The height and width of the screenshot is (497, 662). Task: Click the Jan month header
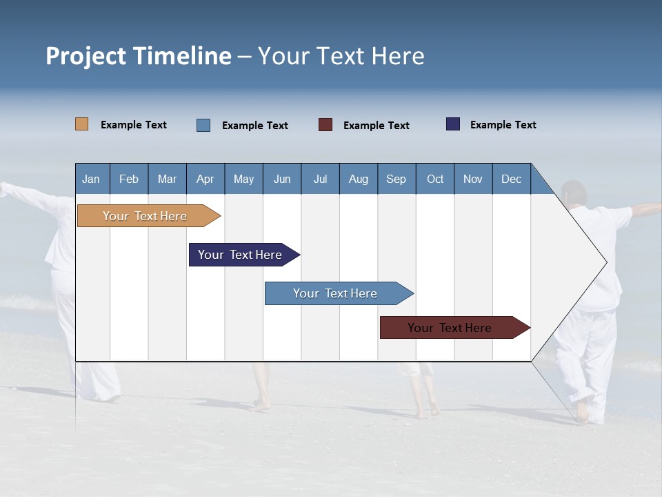(x=92, y=179)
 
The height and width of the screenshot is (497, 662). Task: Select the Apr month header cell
(x=205, y=179)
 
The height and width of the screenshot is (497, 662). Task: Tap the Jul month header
(x=320, y=179)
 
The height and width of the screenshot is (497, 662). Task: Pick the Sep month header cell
(x=397, y=179)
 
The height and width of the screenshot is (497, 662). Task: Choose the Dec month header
(x=511, y=179)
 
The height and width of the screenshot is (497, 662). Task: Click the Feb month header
(x=129, y=179)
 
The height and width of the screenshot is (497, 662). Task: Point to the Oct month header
(x=435, y=179)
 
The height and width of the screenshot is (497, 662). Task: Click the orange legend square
(x=82, y=124)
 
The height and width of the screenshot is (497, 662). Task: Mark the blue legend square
(x=203, y=125)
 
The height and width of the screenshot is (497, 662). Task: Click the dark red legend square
(x=325, y=125)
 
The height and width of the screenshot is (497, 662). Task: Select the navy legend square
(x=453, y=124)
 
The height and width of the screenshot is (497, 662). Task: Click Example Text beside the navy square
(x=503, y=125)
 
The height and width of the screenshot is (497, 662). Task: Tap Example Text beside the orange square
(x=134, y=125)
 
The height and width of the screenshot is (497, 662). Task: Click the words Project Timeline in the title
(x=139, y=56)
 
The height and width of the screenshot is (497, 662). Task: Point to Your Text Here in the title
(x=341, y=56)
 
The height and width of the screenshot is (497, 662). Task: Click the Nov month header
(x=473, y=179)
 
